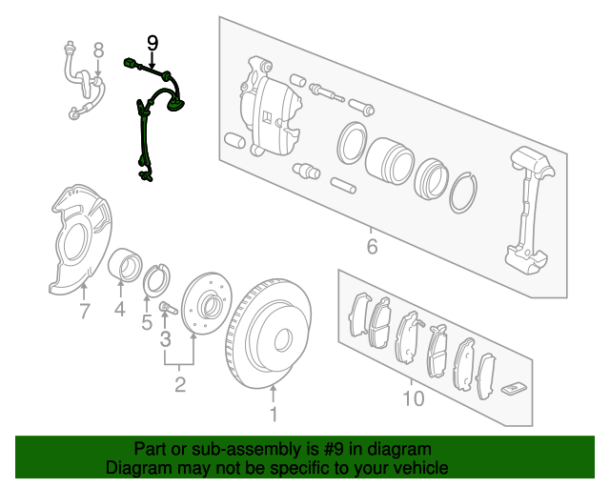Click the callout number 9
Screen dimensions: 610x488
point(152,43)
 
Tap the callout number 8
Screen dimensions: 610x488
point(99,51)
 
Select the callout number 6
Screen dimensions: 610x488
point(372,247)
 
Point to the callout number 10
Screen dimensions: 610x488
point(413,398)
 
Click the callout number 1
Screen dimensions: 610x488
point(274,414)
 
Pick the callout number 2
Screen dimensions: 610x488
point(180,384)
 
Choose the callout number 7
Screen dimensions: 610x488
point(85,311)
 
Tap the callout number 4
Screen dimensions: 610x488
point(120,310)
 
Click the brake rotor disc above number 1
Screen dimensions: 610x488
point(269,333)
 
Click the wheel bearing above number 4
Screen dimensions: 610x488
point(125,264)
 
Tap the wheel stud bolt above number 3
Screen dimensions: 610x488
point(168,308)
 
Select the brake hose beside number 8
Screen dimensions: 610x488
point(85,84)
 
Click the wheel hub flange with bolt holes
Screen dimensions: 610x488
point(207,303)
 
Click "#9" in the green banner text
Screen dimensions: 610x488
point(333,449)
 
